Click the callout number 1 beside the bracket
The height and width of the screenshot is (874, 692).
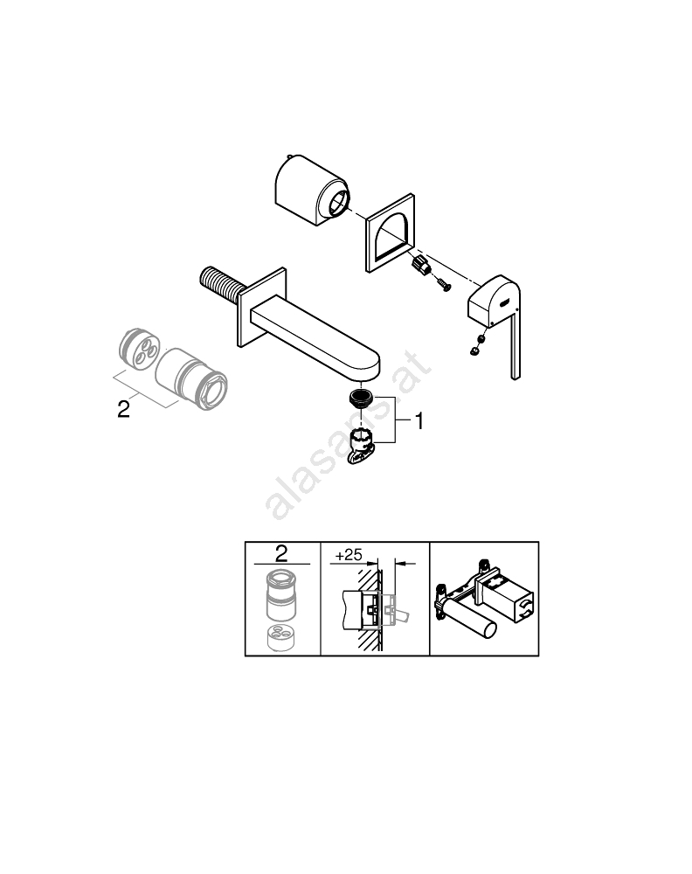[x=419, y=421]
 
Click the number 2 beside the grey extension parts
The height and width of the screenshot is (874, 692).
[x=124, y=409]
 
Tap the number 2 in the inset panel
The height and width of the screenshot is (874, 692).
[x=281, y=553]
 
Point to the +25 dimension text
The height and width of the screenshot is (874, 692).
[x=349, y=555]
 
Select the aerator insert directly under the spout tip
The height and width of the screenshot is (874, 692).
[x=361, y=398]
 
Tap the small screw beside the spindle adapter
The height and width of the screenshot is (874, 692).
[x=444, y=285]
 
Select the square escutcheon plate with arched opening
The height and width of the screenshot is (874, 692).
[x=390, y=233]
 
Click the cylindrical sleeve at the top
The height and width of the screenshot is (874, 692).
[x=312, y=190]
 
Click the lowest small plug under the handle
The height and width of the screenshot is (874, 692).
[x=474, y=350]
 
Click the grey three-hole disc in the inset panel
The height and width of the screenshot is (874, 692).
[x=281, y=638]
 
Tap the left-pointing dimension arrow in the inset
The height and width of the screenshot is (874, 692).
[x=405, y=564]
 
